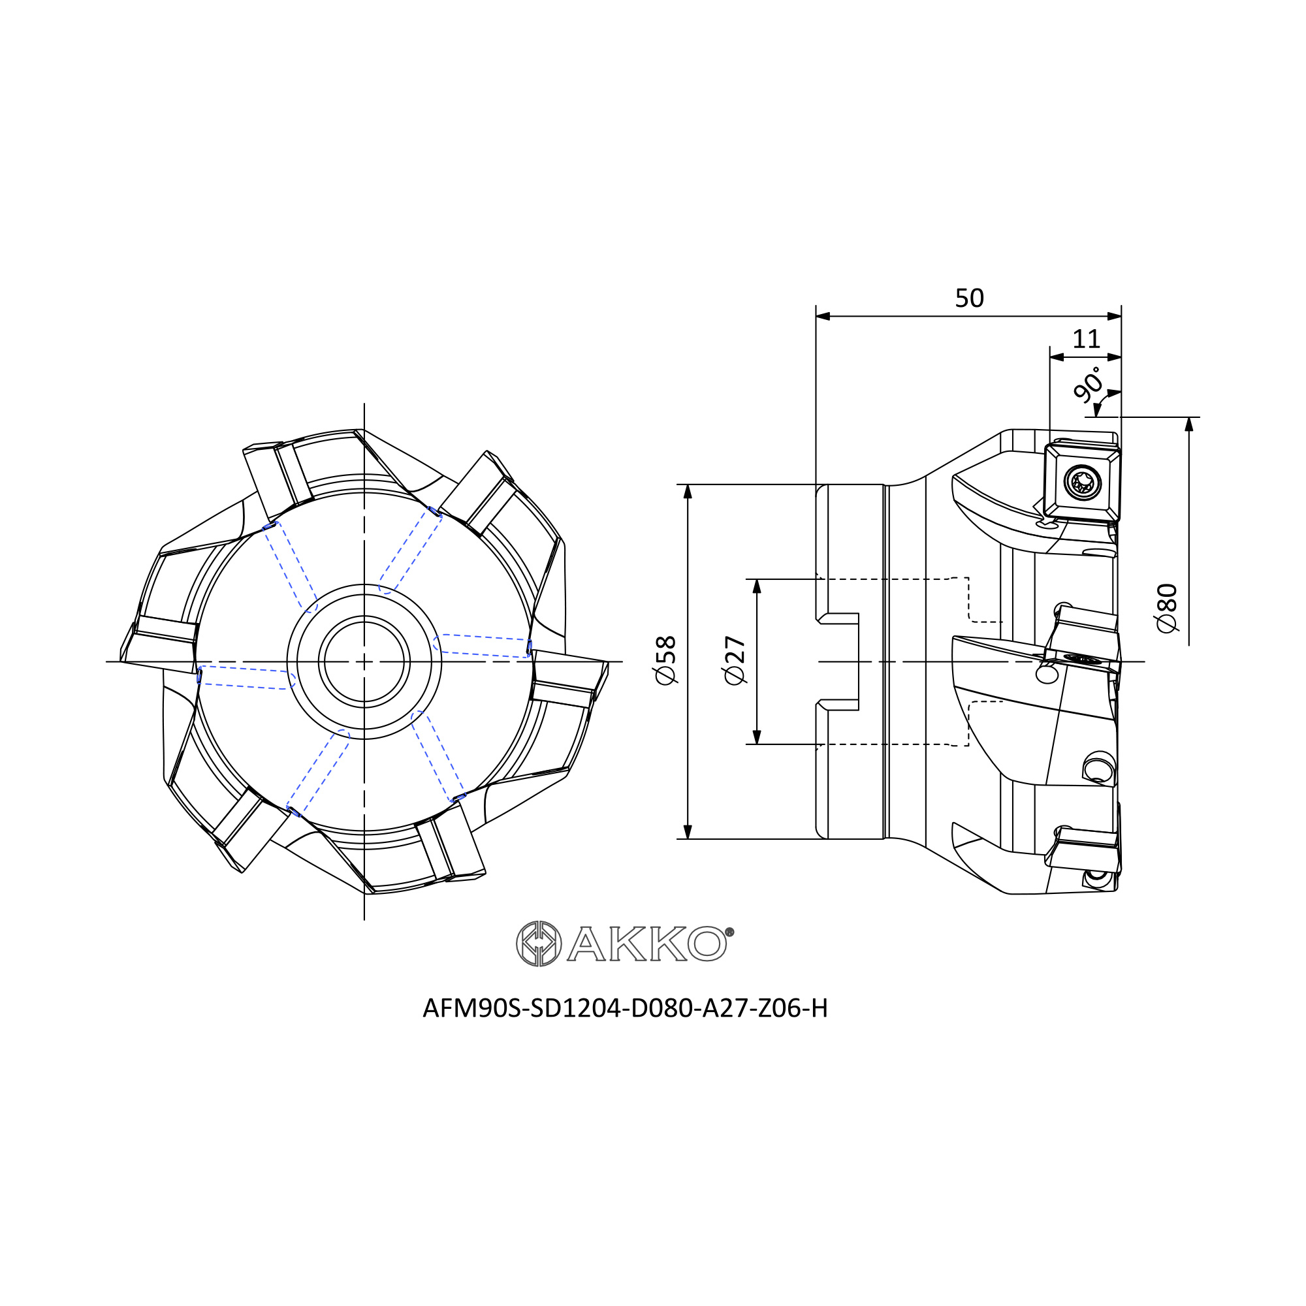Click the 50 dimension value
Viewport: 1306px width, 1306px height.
pyautogui.click(x=969, y=298)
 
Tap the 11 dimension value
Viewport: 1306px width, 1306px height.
pyautogui.click(x=1087, y=340)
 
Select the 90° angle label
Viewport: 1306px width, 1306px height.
pyautogui.click(x=1088, y=385)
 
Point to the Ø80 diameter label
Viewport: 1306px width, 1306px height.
pyautogui.click(x=1168, y=608)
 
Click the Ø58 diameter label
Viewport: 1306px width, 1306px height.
pyautogui.click(x=666, y=660)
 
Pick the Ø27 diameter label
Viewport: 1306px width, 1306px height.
pyautogui.click(x=735, y=660)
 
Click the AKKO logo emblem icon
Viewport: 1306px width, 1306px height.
pyautogui.click(x=539, y=944)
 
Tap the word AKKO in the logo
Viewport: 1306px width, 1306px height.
pyautogui.click(x=647, y=944)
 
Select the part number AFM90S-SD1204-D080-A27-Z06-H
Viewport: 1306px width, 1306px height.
pyautogui.click(x=626, y=1008)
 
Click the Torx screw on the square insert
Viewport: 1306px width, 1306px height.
pyautogui.click(x=1082, y=483)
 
